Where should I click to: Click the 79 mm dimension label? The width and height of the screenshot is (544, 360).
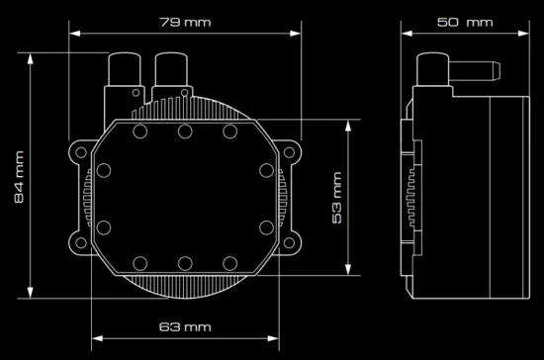[185, 21]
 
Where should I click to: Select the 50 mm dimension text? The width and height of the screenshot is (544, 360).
[464, 21]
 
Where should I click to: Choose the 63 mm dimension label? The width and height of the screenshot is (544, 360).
[185, 326]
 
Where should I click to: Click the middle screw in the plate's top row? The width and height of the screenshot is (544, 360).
[185, 132]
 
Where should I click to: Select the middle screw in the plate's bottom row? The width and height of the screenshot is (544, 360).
[185, 262]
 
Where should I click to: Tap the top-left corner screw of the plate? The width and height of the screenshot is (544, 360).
[139, 132]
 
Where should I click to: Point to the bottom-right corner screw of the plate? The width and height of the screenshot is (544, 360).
[230, 262]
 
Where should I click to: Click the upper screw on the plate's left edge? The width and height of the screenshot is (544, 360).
[101, 169]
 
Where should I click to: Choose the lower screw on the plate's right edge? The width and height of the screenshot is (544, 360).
[268, 225]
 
